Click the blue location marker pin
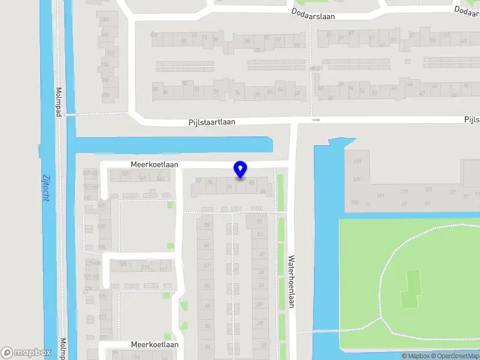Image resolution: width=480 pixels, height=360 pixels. (x=241, y=170)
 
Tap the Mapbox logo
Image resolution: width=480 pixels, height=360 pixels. (x=26, y=353)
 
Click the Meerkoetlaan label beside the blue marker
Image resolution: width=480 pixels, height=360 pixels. (x=155, y=164)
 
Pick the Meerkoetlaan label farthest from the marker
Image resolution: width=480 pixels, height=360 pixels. (x=155, y=345)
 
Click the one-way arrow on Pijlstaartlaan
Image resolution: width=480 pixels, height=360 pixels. (x=316, y=120)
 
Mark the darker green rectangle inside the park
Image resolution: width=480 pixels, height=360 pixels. (x=412, y=289)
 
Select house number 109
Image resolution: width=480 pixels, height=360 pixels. (x=357, y=179)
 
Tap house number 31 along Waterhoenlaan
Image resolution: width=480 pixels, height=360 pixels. (x=263, y=346)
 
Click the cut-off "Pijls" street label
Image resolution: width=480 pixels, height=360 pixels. (x=472, y=120)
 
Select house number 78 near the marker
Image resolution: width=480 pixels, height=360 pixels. (x=229, y=188)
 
